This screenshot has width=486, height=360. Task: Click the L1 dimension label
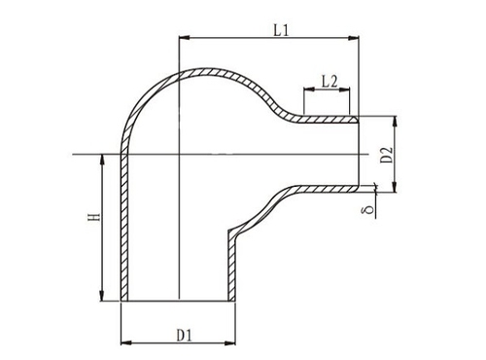281,30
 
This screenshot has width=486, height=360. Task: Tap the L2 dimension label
330,81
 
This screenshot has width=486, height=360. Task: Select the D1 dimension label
185,335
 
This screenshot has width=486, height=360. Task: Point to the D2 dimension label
387,155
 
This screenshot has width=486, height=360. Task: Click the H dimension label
94,217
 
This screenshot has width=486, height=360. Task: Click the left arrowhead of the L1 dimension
184,38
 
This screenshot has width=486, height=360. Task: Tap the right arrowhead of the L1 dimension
354,38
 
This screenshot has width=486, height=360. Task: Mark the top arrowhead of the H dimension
102,160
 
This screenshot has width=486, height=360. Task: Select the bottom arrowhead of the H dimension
102,296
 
